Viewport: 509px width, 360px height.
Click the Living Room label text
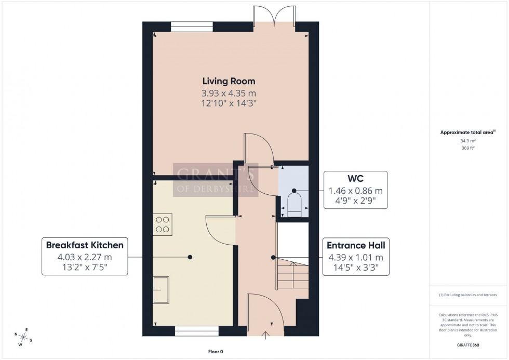point(229,81)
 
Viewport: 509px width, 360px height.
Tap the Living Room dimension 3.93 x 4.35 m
point(229,93)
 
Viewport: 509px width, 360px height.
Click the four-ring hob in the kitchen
point(162,224)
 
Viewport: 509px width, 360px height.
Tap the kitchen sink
point(162,289)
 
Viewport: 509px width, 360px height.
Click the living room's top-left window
point(192,24)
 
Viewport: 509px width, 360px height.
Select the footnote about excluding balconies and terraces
point(468,295)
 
